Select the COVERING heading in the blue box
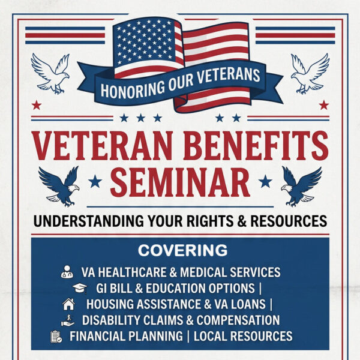(x=182, y=250)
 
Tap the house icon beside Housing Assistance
(x=68, y=304)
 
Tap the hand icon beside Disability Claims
(x=70, y=320)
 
